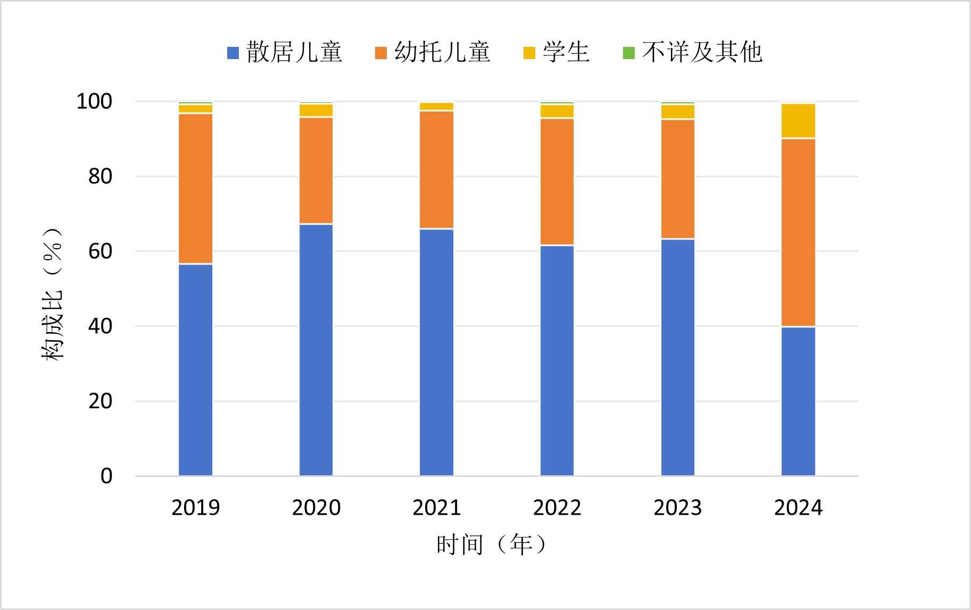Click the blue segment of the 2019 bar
(x=195, y=369)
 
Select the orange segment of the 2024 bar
(x=798, y=232)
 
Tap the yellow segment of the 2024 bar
(x=798, y=121)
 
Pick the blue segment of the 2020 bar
(x=316, y=350)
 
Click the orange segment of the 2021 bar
(x=436, y=170)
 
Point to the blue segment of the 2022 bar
(x=557, y=360)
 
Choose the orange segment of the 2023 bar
(x=677, y=179)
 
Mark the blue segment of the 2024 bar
(x=798, y=401)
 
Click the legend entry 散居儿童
(x=285, y=53)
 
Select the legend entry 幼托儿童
(x=433, y=53)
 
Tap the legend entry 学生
(x=557, y=53)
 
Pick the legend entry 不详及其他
(x=693, y=53)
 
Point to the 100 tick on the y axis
(x=95, y=101)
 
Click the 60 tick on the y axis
(x=100, y=251)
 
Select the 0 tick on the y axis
(x=106, y=476)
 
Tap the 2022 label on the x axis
(x=557, y=508)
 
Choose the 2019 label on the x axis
(x=195, y=508)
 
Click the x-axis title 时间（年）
(x=491, y=545)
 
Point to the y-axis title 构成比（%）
(x=52, y=294)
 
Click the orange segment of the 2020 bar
(x=316, y=170)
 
